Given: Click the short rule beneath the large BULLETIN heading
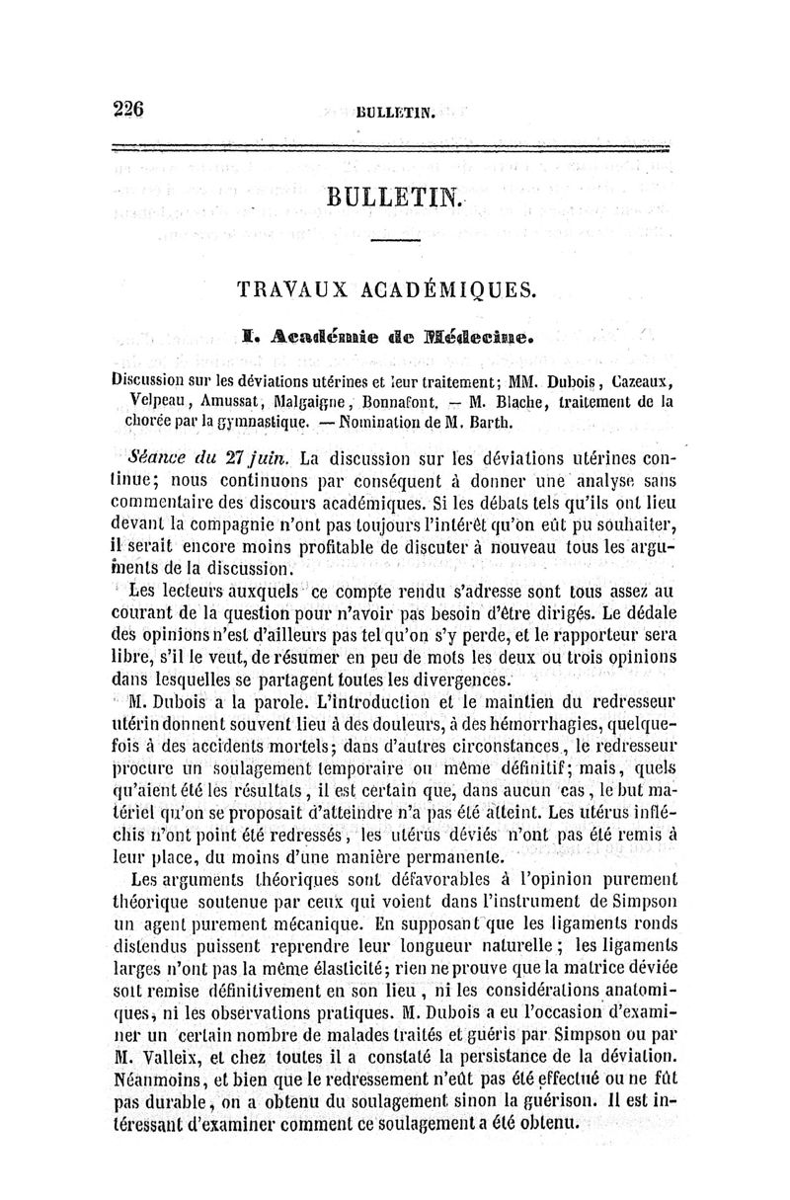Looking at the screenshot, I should (x=394, y=241).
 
